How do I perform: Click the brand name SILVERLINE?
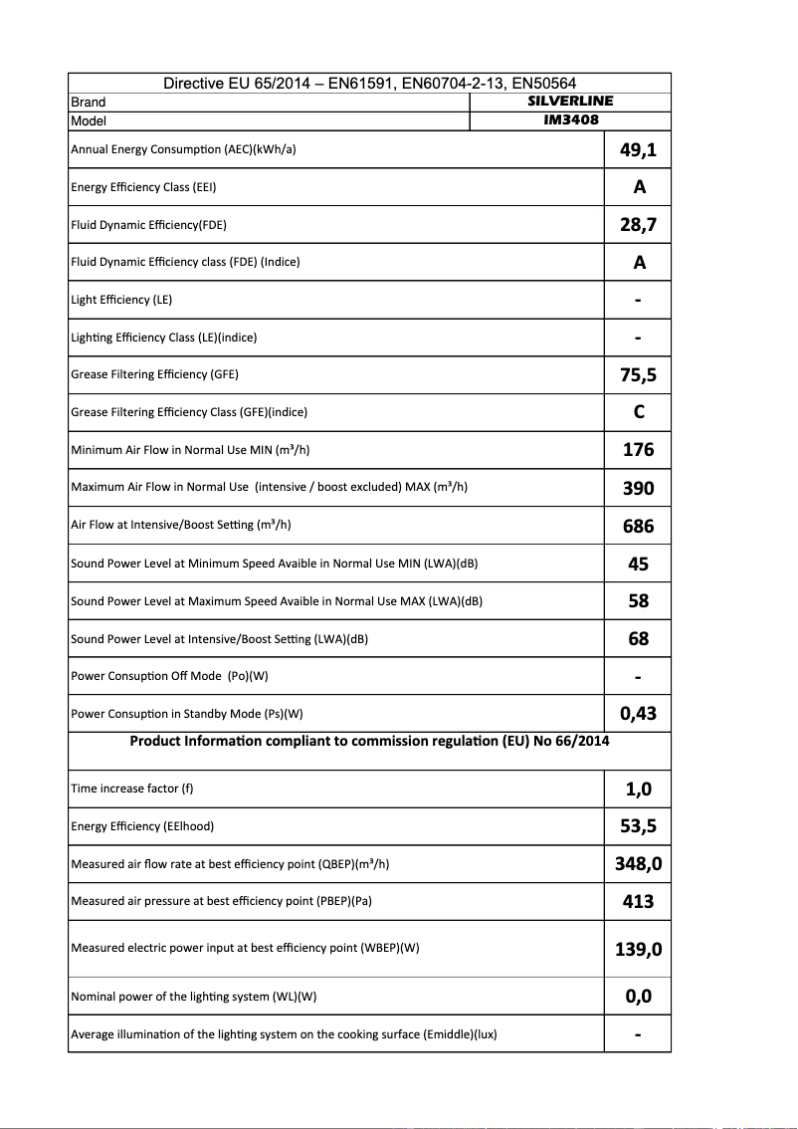[569, 102]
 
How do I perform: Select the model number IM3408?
[569, 120]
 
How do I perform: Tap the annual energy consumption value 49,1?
[638, 150]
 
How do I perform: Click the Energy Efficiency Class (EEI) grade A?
[639, 187]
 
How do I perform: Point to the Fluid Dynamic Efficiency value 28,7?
[638, 225]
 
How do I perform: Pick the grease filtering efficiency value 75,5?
[638, 375]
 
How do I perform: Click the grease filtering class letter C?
[639, 412]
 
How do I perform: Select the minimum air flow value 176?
[638, 450]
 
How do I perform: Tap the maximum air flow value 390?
[638, 488]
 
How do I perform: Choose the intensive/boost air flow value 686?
[638, 526]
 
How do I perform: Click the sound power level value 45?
[638, 564]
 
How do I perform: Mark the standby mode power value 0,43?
[638, 714]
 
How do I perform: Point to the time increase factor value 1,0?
[638, 790]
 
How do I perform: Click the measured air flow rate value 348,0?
[638, 864]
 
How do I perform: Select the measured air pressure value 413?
[638, 902]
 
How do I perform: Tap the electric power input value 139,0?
[638, 949]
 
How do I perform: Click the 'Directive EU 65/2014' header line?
[369, 84]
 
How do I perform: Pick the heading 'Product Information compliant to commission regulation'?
[369, 741]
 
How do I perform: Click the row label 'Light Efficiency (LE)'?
[121, 300]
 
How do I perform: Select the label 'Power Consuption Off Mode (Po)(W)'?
[169, 676]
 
